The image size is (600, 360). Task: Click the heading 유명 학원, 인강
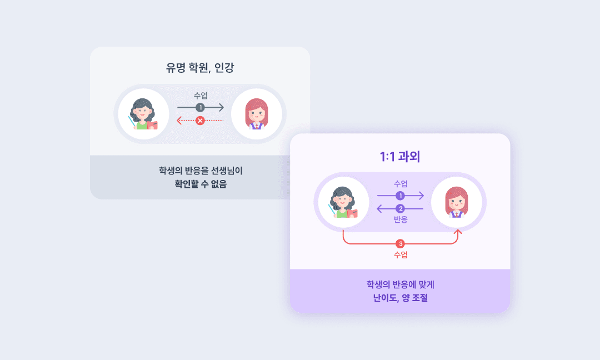pos(200,68)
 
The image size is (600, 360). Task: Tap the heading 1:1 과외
pos(400,157)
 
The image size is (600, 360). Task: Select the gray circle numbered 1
pos(200,107)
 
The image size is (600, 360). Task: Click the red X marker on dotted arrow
pos(200,121)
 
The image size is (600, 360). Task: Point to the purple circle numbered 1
pos(400,196)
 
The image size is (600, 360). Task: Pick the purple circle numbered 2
pos(400,209)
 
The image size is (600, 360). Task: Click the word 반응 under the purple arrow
pos(400,219)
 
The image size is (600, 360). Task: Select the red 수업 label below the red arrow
pos(400,255)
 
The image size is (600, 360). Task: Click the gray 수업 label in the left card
pos(200,96)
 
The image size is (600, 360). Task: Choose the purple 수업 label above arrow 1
pos(400,184)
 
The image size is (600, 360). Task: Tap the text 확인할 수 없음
pos(200,184)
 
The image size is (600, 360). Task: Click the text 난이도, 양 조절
pos(400,298)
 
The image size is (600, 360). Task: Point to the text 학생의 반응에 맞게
pos(400,284)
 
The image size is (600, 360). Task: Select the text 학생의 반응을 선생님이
pos(200,171)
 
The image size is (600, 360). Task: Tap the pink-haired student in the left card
pos(257,114)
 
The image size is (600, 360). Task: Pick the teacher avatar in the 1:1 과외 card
pos(344,202)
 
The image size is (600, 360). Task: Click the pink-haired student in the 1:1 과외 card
pos(457,202)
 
